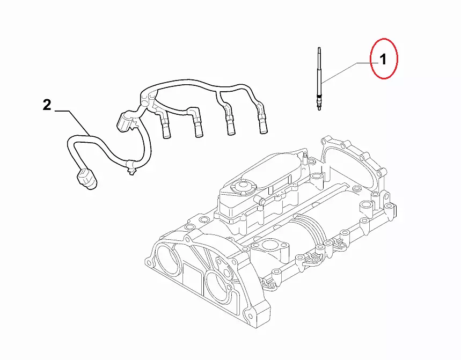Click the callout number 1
(383, 60)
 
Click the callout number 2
(47, 105)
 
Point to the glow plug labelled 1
(319, 79)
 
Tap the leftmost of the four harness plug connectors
(165, 127)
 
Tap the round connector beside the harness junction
(125, 121)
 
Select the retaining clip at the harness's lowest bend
(130, 167)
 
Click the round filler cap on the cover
(243, 187)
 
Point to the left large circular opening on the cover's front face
(167, 260)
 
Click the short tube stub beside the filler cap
(261, 201)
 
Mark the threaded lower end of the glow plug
(319, 102)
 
